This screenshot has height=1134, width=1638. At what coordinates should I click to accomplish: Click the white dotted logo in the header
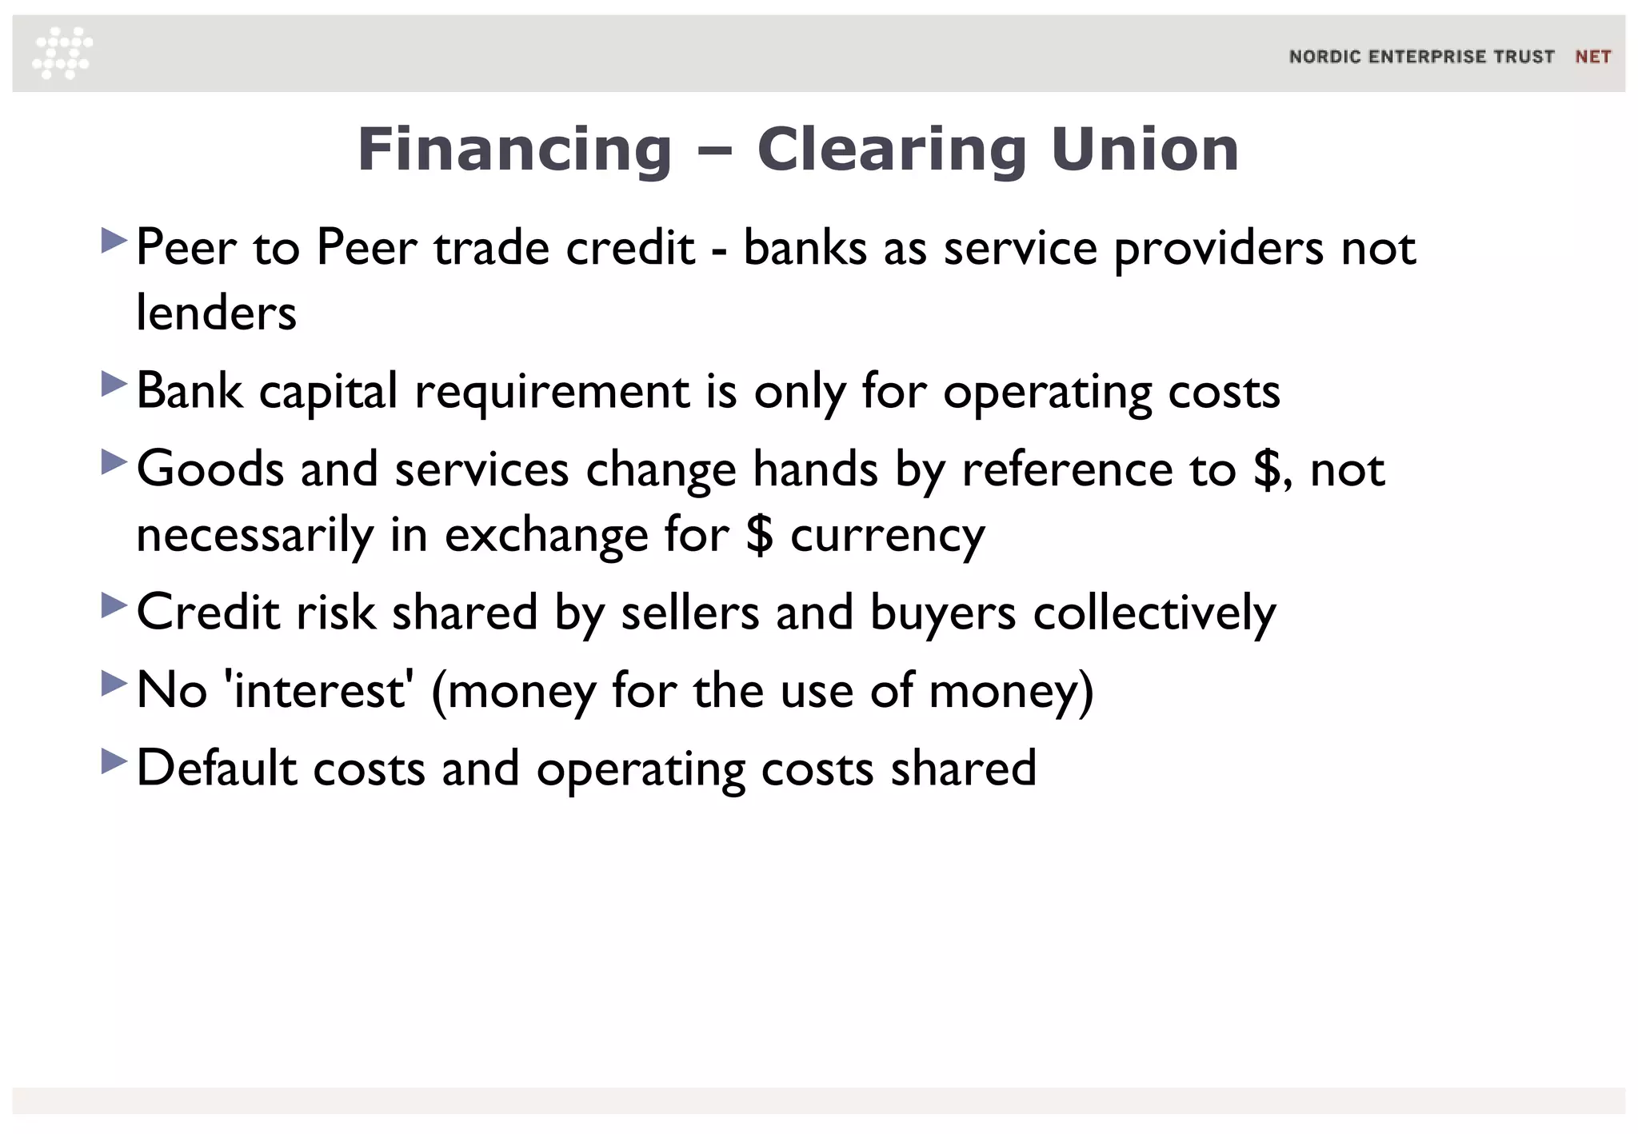(62, 54)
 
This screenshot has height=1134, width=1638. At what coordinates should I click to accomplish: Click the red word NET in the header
(1592, 57)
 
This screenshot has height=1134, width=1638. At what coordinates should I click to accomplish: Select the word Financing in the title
(514, 150)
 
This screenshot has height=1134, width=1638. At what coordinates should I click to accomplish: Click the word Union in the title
(1145, 150)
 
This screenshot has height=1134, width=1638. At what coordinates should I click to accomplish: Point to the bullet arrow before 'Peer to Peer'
(114, 240)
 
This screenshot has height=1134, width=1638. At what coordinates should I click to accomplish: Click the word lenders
(216, 312)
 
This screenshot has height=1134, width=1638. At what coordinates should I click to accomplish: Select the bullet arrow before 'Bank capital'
(114, 384)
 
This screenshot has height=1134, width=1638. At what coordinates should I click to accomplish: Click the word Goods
(210, 469)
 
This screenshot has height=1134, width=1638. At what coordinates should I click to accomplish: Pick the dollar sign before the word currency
(759, 534)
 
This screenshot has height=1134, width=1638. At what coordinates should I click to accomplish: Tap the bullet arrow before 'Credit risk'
(114, 605)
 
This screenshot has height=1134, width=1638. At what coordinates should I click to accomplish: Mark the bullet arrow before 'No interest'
(114, 683)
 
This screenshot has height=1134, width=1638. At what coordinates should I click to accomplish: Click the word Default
(217, 768)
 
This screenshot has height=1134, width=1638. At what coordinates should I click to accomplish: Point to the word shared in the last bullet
(963, 768)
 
